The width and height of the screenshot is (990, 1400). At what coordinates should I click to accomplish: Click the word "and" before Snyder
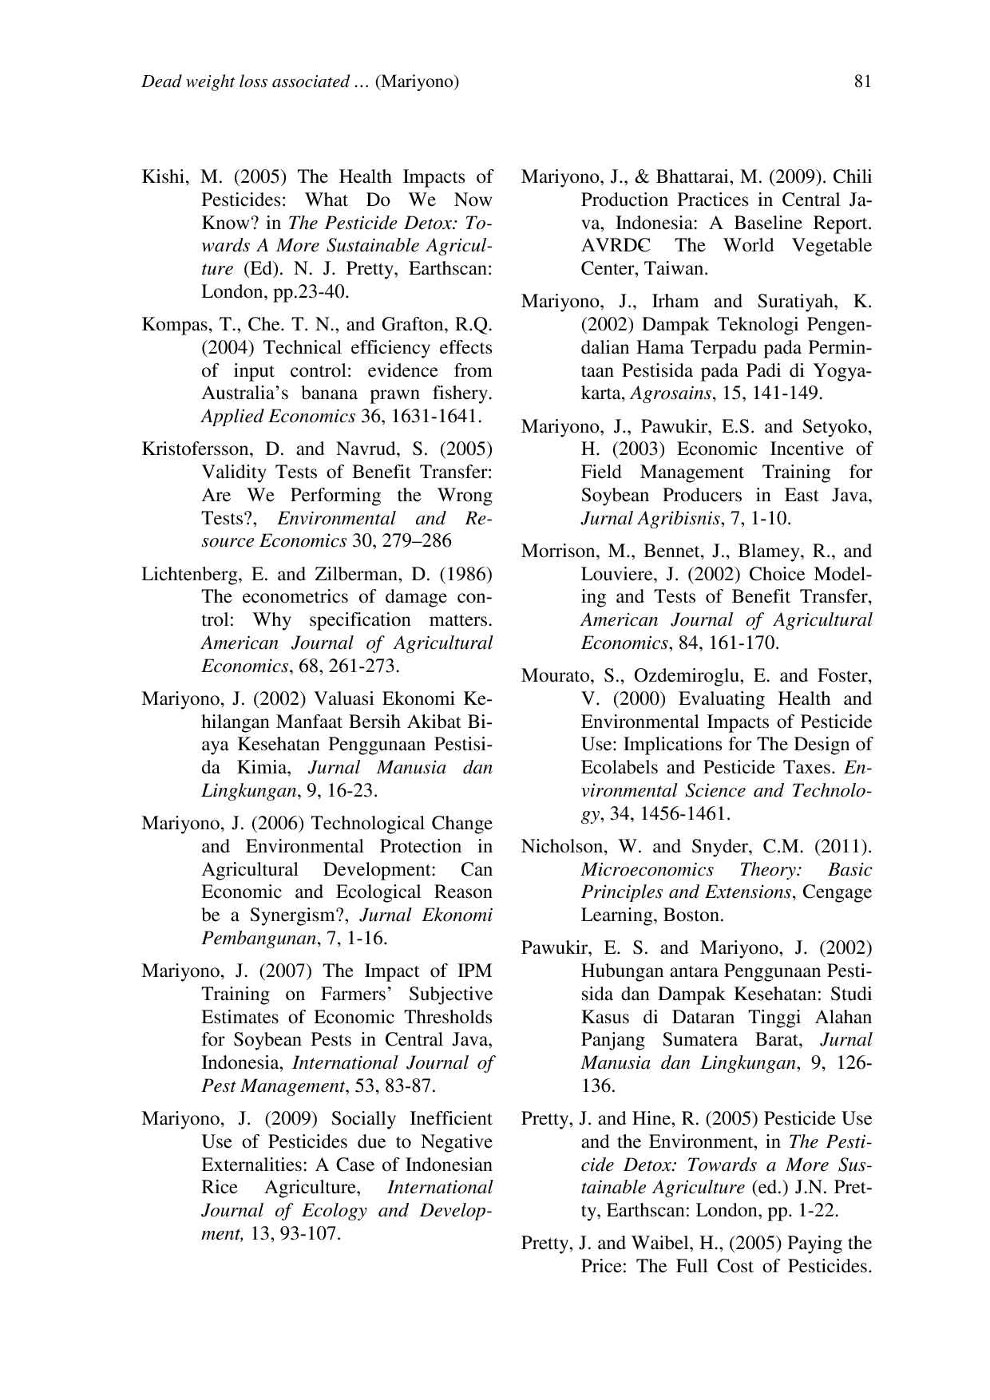pos(667,847)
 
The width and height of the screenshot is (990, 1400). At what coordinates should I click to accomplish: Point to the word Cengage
pos(837,892)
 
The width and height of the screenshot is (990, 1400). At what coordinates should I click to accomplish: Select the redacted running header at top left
pos(300,81)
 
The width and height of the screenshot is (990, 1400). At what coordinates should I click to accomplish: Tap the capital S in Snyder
pos(697,847)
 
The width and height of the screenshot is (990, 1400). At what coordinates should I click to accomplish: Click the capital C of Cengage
pos(809,892)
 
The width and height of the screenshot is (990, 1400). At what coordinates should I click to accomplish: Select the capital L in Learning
pos(586,916)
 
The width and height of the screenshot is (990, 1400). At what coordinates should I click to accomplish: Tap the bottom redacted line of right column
pos(727,1267)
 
